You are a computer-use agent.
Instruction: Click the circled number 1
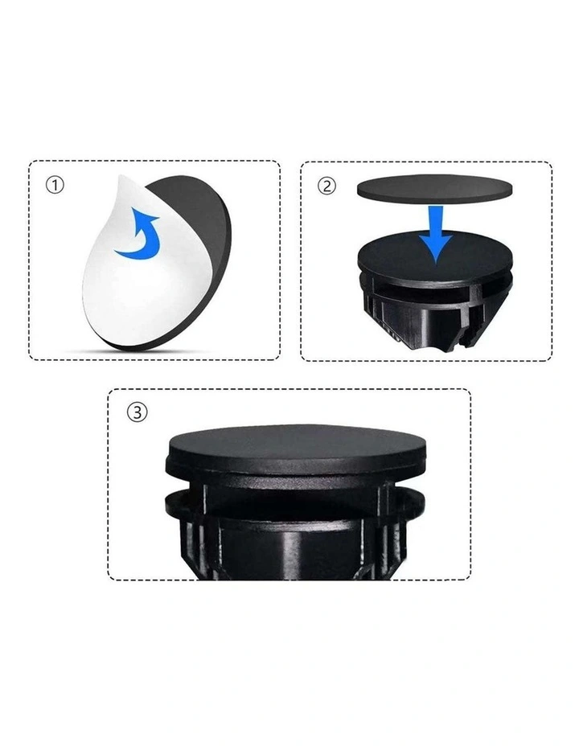coord(55,185)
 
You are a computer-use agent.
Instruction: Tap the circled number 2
coord(326,186)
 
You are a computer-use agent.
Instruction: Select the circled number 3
coord(137,412)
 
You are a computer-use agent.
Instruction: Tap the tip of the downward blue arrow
coord(437,262)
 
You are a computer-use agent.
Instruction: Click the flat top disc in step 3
coord(297,442)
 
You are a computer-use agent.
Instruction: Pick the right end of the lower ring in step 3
coord(419,503)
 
